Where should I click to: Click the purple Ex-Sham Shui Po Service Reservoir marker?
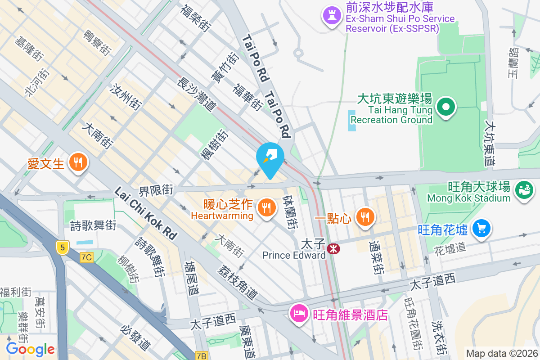(x=332, y=17)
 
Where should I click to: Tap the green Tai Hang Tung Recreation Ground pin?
(x=446, y=108)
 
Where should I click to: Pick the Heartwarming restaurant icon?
(x=266, y=208)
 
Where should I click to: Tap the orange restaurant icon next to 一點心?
(x=364, y=218)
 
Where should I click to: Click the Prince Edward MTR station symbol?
(x=333, y=248)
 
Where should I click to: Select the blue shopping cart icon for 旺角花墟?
(x=481, y=229)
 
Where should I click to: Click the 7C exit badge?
(x=86, y=257)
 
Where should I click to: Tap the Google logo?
(x=30, y=349)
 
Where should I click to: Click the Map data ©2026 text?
(x=501, y=353)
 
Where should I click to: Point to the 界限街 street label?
(x=156, y=190)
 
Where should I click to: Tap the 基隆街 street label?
(x=28, y=49)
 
